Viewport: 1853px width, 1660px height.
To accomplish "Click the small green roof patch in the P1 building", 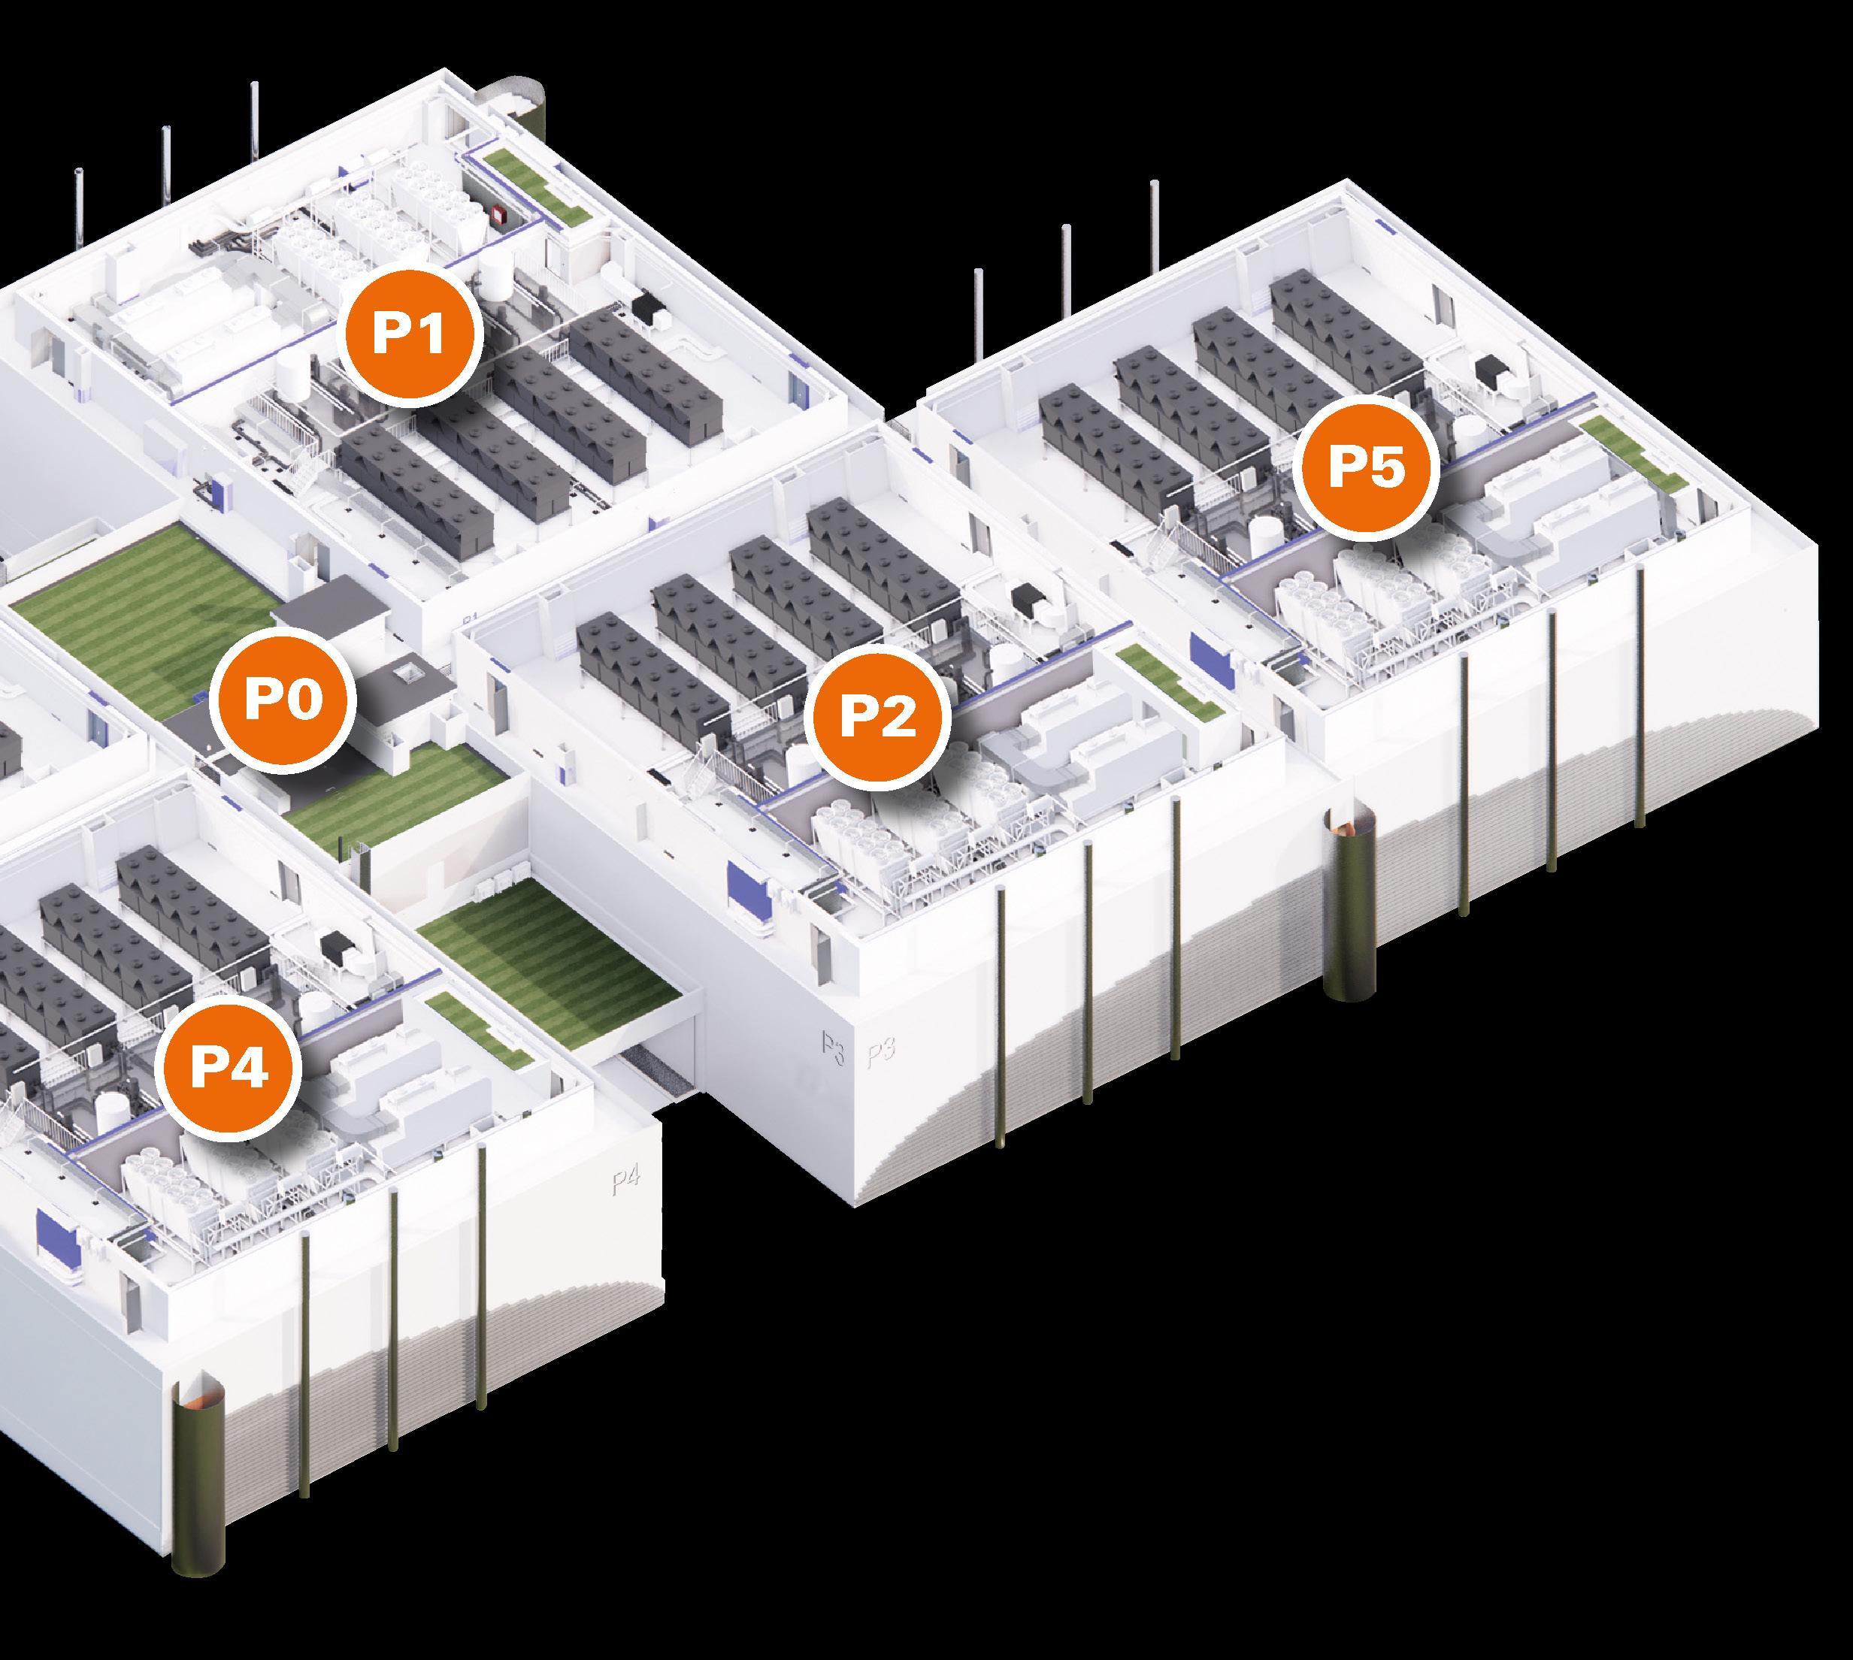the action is tap(534, 189).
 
